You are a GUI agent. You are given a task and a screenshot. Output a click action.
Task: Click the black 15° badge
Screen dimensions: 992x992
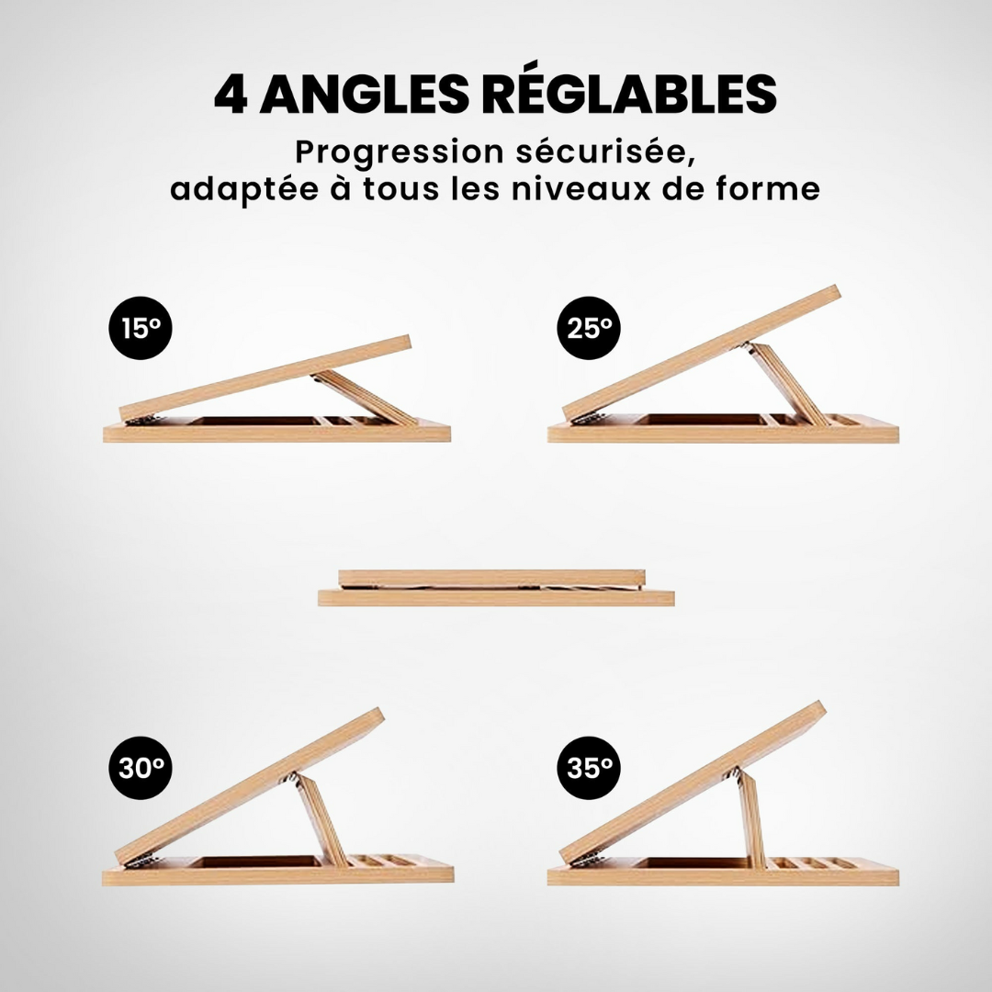[x=141, y=328]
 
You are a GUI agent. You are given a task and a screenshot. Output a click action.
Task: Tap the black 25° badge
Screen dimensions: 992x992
[x=589, y=328]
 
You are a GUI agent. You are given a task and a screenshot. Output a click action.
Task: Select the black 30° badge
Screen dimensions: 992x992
[x=141, y=768]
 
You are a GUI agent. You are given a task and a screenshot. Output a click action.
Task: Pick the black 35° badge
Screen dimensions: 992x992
[x=589, y=768]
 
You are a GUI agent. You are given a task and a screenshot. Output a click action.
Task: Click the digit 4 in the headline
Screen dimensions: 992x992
[x=231, y=95]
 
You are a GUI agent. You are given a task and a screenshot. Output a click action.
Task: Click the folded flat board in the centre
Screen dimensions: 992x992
[x=496, y=588]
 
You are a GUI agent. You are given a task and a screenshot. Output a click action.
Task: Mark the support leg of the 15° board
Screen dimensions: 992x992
[x=364, y=398]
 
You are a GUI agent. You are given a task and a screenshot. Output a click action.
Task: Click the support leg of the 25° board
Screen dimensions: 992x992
[x=785, y=384]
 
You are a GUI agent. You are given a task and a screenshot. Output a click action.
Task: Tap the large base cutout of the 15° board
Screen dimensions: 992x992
[x=255, y=421]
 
